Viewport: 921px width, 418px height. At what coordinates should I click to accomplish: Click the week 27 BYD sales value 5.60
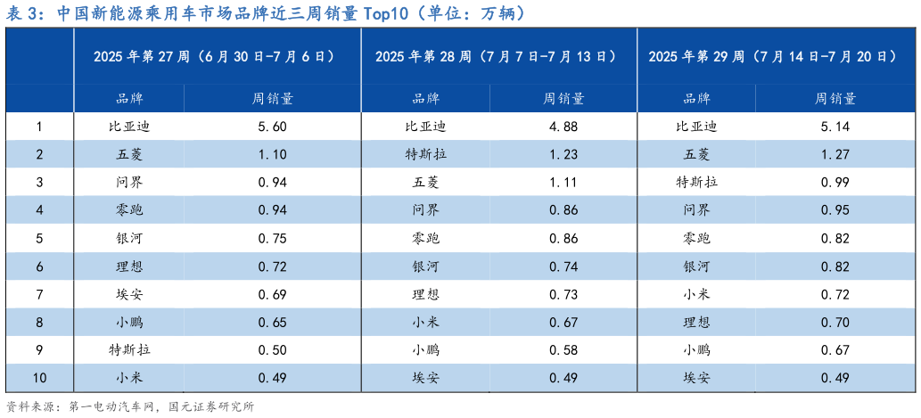click(272, 127)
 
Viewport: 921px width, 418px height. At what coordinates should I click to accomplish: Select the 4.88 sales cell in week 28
click(563, 127)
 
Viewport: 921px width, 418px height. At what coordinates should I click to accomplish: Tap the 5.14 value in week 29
click(835, 127)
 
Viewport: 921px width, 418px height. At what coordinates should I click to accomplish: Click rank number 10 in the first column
click(39, 378)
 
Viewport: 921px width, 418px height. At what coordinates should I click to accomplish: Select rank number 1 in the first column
click(39, 127)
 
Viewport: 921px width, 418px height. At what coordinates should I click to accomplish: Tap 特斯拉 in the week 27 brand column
click(129, 349)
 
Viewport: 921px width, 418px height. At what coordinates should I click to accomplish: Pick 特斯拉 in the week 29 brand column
click(697, 183)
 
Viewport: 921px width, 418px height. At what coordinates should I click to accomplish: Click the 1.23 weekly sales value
click(563, 154)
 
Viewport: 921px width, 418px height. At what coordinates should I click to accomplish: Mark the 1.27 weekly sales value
click(835, 154)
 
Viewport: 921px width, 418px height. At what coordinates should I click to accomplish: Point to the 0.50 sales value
click(272, 349)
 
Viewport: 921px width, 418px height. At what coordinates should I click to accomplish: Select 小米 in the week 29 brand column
click(697, 294)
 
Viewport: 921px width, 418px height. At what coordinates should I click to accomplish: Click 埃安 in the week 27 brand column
click(129, 294)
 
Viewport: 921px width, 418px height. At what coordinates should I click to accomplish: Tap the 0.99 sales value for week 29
click(835, 183)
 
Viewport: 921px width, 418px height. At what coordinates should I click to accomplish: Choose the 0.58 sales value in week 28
click(563, 349)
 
